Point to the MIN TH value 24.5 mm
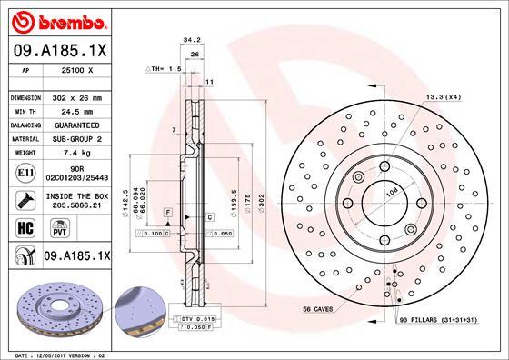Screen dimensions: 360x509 [76, 110]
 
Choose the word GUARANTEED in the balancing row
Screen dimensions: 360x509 [76, 125]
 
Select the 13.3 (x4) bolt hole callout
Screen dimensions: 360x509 [443, 97]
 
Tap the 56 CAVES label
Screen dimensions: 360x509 [319, 310]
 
